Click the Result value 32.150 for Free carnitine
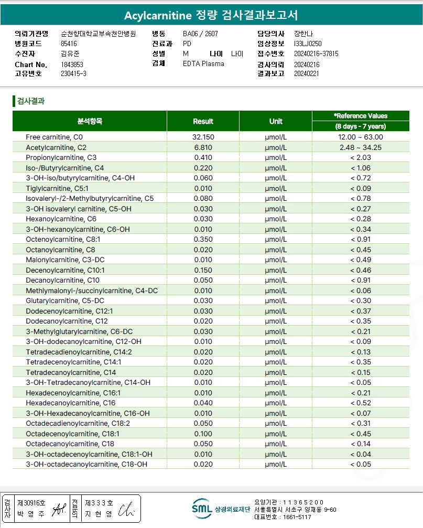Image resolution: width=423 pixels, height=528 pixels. click(203, 137)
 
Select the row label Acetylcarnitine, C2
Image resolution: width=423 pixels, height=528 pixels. click(56, 148)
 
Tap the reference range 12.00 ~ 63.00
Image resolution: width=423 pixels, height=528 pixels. click(360, 137)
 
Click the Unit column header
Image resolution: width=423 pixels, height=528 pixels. click(276, 121)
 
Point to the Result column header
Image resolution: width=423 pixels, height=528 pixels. click(203, 121)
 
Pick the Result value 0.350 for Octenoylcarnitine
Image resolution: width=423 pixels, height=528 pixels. click(203, 240)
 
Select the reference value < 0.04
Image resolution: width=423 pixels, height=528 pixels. click(360, 454)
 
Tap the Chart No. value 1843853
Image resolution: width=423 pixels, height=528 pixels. click(72, 64)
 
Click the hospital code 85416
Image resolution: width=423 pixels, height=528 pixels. click(69, 44)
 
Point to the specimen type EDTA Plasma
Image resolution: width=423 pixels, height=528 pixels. click(203, 64)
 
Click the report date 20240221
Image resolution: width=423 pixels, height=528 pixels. click(307, 74)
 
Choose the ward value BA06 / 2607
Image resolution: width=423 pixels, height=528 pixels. click(200, 34)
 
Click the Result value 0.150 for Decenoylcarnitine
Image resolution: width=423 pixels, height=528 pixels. click(203, 270)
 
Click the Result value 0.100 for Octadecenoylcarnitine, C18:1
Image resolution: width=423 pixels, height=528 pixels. click(203, 434)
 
